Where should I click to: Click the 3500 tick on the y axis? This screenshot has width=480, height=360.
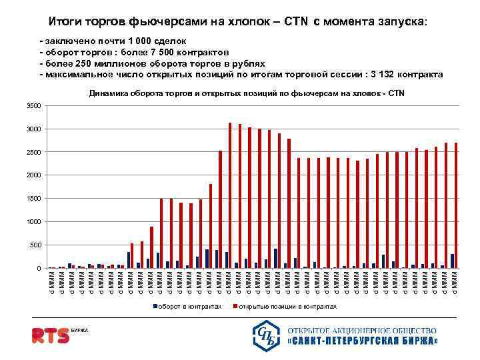coord(33,106)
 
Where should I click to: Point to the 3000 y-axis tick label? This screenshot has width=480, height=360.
coord(33,129)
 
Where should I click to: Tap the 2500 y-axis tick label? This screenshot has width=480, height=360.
coord(33,152)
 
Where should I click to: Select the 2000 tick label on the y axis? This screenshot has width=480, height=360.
coord(33,175)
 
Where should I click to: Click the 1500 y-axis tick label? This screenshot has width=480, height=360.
coord(33,199)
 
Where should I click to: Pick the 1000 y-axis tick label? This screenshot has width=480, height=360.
coord(33,221)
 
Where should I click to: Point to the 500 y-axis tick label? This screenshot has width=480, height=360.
coord(35,245)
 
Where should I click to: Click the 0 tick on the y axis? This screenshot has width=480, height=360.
coord(39,268)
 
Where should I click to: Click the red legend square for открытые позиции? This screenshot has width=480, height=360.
coord(233,307)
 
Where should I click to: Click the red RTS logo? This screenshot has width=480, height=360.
coord(50,335)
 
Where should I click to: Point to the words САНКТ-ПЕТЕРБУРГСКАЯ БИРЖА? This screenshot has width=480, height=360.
coord(363,341)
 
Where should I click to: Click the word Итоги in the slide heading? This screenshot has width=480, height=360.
coord(65,21)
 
